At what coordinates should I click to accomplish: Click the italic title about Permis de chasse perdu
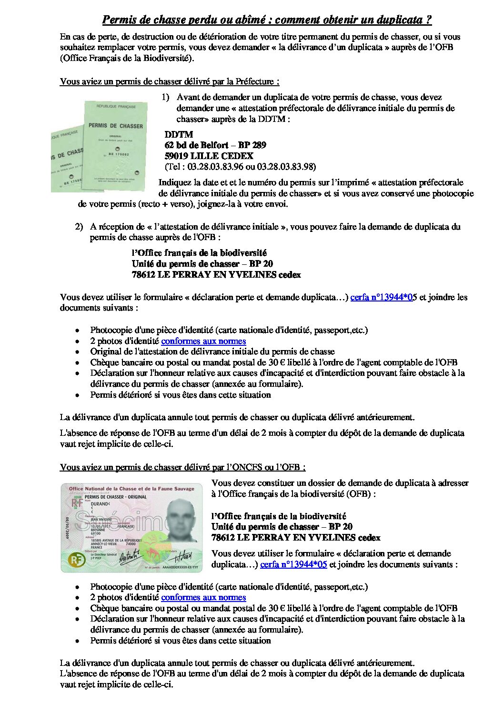pos(267,20)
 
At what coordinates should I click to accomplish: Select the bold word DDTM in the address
pos(179,134)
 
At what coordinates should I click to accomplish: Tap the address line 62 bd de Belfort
pos(215,145)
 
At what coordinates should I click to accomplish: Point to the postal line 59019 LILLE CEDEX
pos(209,156)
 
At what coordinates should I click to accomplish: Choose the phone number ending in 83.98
pos(286,167)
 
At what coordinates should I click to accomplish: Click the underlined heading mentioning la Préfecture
pos(170,81)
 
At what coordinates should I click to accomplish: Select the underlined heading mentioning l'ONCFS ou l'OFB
pos(182,467)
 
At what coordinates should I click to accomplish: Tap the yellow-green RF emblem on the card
pos(75,559)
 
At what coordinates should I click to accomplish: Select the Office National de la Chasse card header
pos(131,489)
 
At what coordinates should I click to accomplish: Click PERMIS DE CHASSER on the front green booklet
pos(115,126)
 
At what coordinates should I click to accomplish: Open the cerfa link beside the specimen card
pos(293,564)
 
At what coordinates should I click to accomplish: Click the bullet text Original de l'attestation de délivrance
pos(212,351)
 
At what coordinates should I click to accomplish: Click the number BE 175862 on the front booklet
pos(116,155)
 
